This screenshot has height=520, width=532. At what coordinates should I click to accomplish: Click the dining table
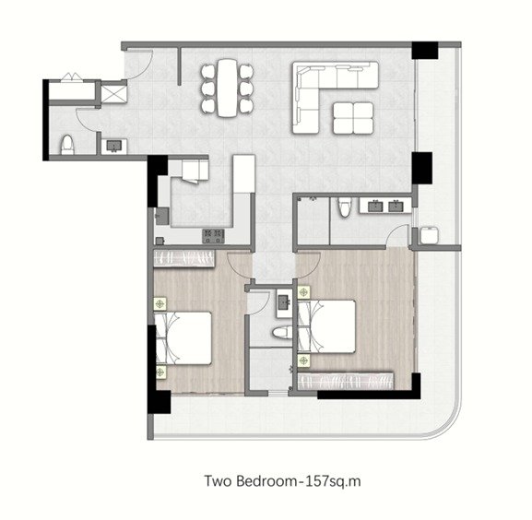[227, 88]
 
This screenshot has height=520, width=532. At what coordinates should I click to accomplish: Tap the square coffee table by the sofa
[353, 118]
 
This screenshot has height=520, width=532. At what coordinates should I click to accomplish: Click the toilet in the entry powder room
[67, 145]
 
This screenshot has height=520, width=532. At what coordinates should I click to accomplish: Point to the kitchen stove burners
[213, 236]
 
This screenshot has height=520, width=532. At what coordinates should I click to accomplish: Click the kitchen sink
[162, 216]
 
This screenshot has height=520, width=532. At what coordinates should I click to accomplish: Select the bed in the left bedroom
[183, 338]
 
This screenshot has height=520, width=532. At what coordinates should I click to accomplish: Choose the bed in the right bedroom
[326, 326]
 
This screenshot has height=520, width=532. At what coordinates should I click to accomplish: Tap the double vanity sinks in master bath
[385, 206]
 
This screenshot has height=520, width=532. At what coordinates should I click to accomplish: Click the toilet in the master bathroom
[344, 207]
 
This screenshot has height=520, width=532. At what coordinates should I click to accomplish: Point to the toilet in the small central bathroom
[282, 333]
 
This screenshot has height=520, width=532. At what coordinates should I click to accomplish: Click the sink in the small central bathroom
[284, 302]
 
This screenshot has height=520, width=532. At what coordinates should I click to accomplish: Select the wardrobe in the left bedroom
[183, 258]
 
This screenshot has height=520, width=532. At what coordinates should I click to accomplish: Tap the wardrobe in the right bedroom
[346, 382]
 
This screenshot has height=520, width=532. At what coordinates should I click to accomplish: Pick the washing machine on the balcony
[430, 235]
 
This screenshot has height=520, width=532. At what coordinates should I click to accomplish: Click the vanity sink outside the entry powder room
[114, 147]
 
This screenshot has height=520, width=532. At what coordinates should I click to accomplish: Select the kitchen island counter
[244, 173]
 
